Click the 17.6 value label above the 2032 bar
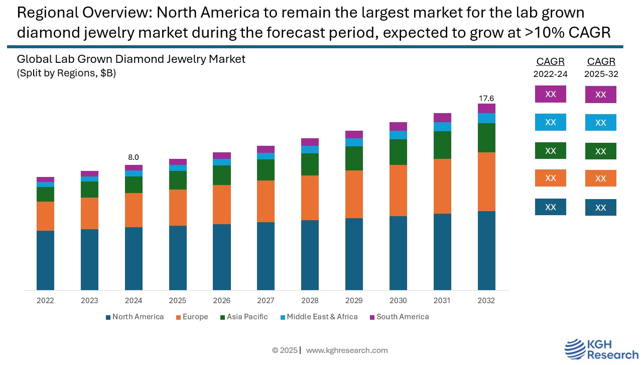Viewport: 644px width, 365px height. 486,99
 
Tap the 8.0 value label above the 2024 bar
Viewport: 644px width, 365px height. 134,157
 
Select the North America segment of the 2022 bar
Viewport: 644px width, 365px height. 45,260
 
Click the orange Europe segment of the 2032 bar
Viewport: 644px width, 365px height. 486,181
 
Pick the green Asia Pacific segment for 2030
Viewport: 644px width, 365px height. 398,152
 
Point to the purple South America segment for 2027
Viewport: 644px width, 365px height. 266,149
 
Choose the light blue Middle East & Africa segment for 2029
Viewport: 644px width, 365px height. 354,142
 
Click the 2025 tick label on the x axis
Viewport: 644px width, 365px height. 178,301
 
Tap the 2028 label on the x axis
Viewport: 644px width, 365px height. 310,301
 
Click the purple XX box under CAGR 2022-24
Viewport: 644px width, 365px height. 550,94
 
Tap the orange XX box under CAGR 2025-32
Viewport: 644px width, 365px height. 600,178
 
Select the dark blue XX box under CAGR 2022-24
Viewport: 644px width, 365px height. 550,207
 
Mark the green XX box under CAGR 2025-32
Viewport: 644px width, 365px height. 600,151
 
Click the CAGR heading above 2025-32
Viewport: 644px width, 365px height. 601,62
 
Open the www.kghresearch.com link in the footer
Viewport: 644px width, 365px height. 346,350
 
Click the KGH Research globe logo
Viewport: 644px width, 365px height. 575,349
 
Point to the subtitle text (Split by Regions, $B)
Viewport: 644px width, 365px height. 66,73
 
